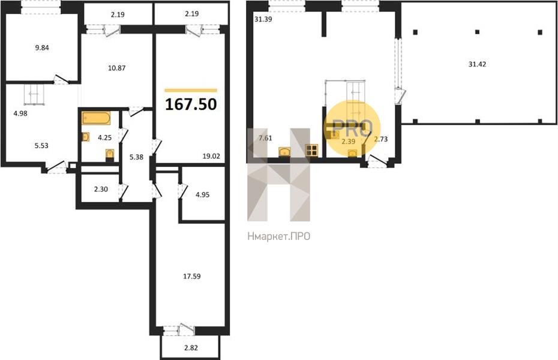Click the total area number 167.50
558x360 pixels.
pos(191,104)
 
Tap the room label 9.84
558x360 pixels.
pos(42,47)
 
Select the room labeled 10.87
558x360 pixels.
pos(117,68)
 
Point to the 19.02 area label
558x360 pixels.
pos(211,156)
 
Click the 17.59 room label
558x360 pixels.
pos(192,276)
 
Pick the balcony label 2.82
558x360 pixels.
pos(191,348)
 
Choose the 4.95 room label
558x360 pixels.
pos(202,194)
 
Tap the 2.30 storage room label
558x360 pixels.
pos(101,189)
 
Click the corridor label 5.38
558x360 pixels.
pos(136,157)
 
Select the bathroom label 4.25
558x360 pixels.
pos(104,137)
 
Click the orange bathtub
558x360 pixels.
pos(96,118)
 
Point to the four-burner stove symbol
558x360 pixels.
pos(311,151)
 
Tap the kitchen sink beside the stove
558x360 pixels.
pos(284,152)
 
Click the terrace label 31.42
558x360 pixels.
pos(477,64)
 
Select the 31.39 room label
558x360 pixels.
pos(263,19)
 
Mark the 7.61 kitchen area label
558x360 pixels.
pos(265,139)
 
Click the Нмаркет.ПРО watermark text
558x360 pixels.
pos(278,236)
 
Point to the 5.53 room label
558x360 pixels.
pos(41,145)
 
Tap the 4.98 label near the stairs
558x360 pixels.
pos(20,114)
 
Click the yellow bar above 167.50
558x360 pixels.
pos(191,91)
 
